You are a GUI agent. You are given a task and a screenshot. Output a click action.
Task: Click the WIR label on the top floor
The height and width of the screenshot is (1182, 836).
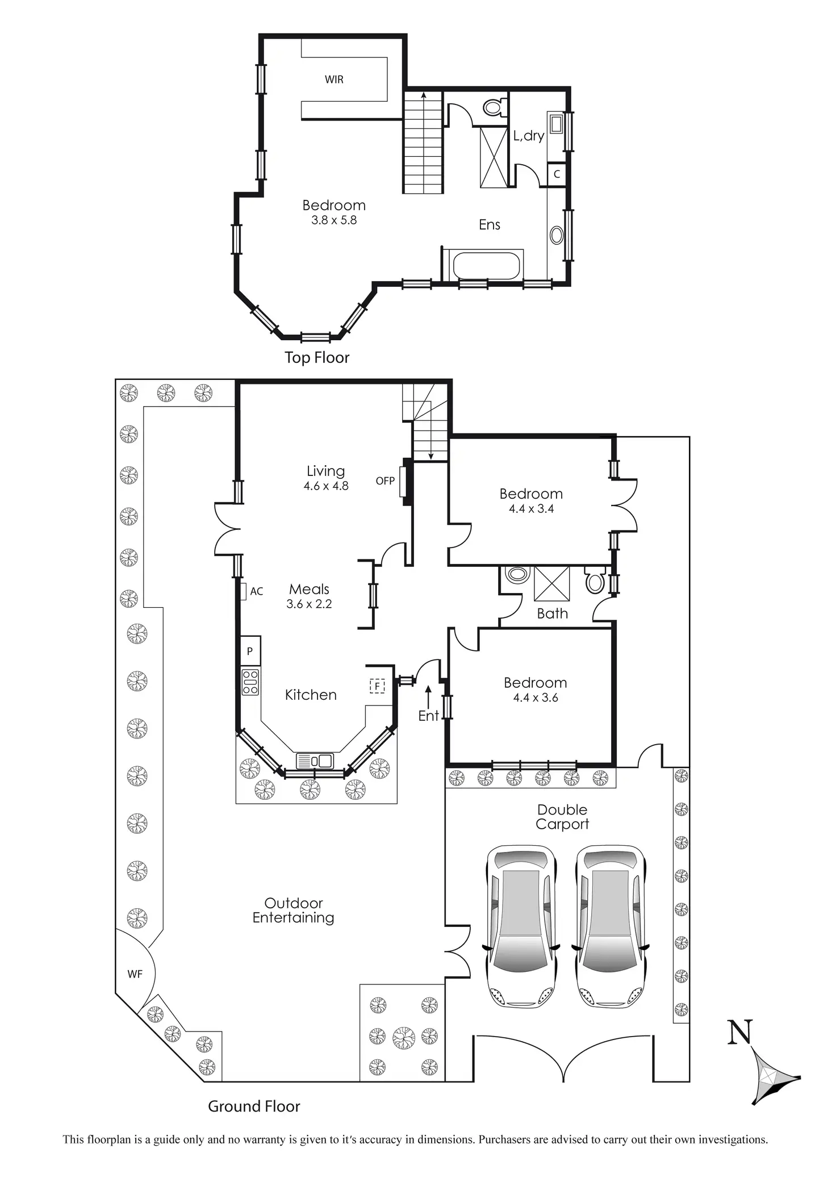[334, 80]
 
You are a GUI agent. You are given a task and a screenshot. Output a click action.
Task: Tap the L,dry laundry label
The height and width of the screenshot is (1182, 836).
[529, 136]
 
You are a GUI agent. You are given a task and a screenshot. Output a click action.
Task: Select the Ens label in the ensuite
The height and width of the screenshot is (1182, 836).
[490, 225]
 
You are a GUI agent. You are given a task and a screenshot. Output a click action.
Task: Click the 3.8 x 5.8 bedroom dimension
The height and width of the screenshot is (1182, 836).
[334, 220]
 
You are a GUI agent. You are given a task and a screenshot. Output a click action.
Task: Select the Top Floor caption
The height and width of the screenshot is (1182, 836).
[317, 357]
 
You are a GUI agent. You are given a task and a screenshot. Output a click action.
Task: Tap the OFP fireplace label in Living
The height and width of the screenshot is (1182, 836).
[385, 481]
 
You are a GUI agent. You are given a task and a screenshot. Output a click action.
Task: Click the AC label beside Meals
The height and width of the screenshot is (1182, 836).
[257, 591]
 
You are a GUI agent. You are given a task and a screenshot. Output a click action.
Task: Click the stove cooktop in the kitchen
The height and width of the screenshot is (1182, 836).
[250, 682]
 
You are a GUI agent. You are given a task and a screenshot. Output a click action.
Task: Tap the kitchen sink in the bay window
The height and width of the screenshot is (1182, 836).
[315, 761]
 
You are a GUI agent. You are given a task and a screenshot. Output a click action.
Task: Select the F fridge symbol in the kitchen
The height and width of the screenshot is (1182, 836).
[377, 686]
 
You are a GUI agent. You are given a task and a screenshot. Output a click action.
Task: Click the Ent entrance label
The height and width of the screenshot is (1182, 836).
[429, 716]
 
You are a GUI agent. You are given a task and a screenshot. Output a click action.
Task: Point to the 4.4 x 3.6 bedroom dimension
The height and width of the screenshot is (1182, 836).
[536, 698]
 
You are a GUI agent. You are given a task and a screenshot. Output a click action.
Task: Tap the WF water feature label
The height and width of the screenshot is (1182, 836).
[135, 974]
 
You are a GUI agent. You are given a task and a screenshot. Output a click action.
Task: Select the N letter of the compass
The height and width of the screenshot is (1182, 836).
[740, 1032]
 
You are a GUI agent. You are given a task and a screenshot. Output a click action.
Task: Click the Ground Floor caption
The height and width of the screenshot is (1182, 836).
[254, 1106]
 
